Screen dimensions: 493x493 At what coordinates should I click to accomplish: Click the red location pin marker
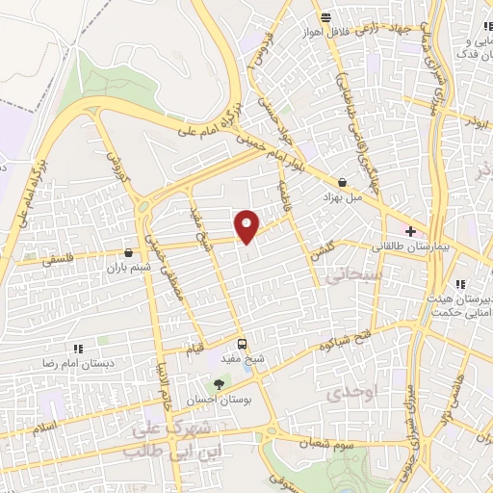click(247, 225)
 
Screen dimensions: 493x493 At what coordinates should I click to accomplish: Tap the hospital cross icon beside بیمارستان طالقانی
click(411, 231)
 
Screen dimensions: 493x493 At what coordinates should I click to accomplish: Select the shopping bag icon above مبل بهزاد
click(344, 181)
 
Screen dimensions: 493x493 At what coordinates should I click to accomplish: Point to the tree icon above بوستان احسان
click(220, 384)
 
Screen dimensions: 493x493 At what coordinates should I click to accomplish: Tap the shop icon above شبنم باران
click(128, 252)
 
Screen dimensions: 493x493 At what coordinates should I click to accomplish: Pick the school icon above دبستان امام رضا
click(77, 348)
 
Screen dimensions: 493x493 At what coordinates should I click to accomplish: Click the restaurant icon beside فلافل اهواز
click(326, 16)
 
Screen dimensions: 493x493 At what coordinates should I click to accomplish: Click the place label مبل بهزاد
click(344, 195)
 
